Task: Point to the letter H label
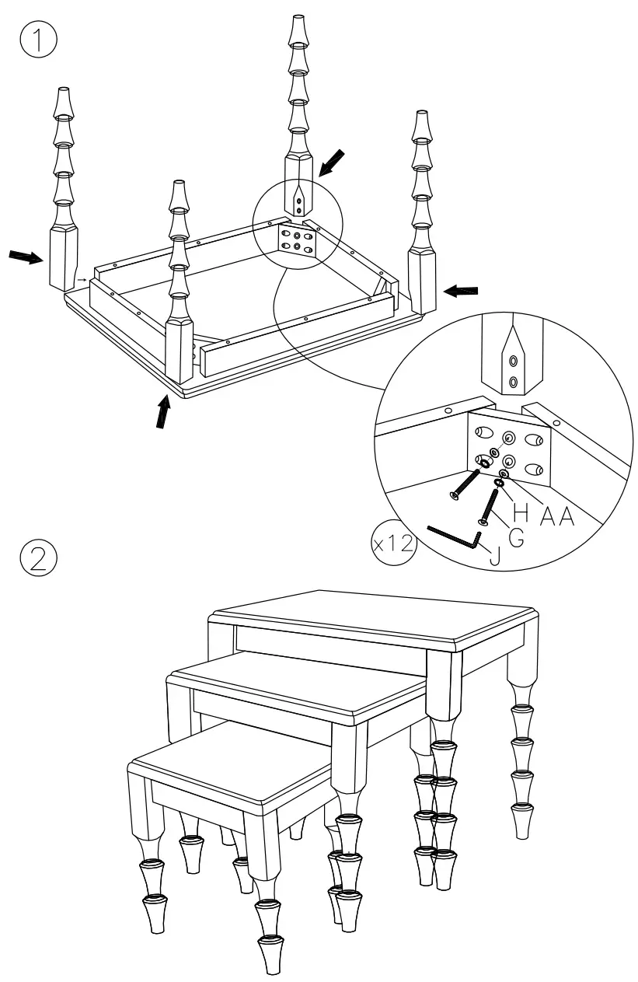point(522,514)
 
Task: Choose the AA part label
point(558,514)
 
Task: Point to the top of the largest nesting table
point(373,617)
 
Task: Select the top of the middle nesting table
point(299,684)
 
